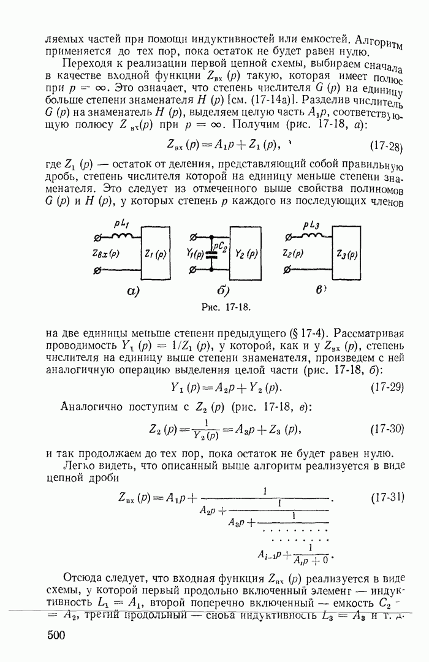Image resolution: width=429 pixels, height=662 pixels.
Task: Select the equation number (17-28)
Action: click(x=386, y=147)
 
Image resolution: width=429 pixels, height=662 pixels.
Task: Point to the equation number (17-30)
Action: click(x=386, y=429)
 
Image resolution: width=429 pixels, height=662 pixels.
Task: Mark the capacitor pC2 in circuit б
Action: click(x=212, y=253)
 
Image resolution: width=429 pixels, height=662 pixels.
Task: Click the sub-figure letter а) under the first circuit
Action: click(x=134, y=291)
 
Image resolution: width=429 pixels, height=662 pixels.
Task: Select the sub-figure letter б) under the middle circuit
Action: click(x=223, y=291)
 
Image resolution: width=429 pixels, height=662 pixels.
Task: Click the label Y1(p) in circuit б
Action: click(x=196, y=253)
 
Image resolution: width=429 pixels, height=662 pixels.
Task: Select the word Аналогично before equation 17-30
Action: click(x=88, y=408)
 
